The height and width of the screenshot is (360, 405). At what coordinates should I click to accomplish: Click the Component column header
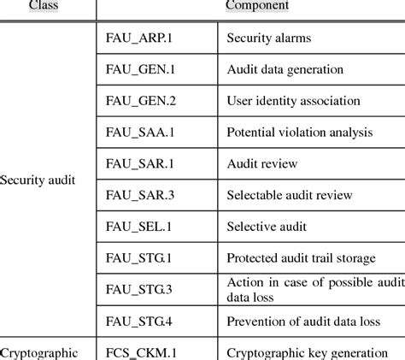point(256,6)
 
